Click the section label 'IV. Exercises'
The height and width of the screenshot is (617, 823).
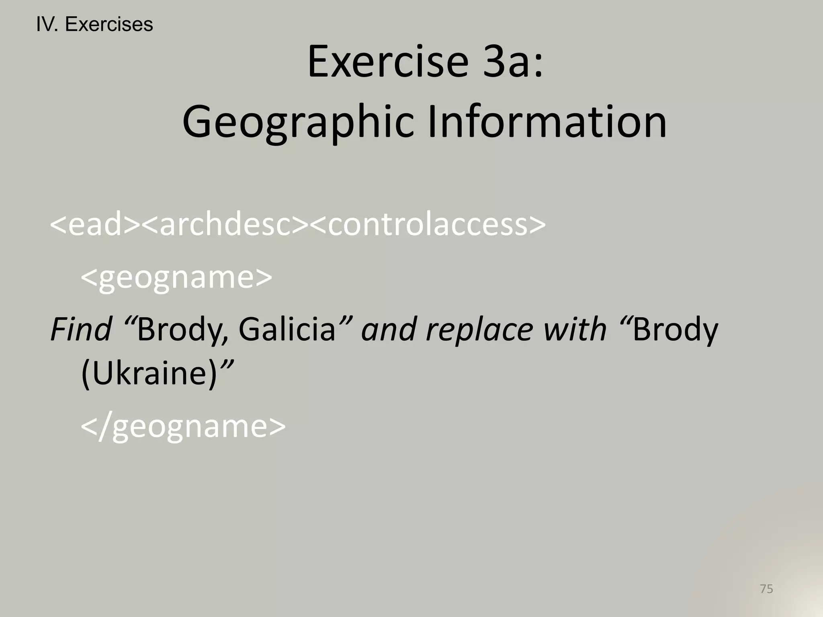pyautogui.click(x=94, y=25)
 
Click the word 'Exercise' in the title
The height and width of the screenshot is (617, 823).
pyautogui.click(x=388, y=63)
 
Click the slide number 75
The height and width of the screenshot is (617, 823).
pyautogui.click(x=766, y=589)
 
